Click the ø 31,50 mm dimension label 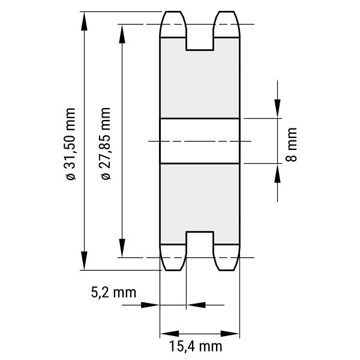coord(71,144)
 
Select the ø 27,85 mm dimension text coord(106,143)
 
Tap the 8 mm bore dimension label coord(291,145)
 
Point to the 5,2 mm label coord(113,293)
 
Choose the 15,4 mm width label coord(196,346)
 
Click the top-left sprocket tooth coord(173,24)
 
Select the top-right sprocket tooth coord(227,24)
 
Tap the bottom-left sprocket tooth coord(173,257)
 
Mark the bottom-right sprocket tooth coord(227,257)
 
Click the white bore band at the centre coord(200,141)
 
